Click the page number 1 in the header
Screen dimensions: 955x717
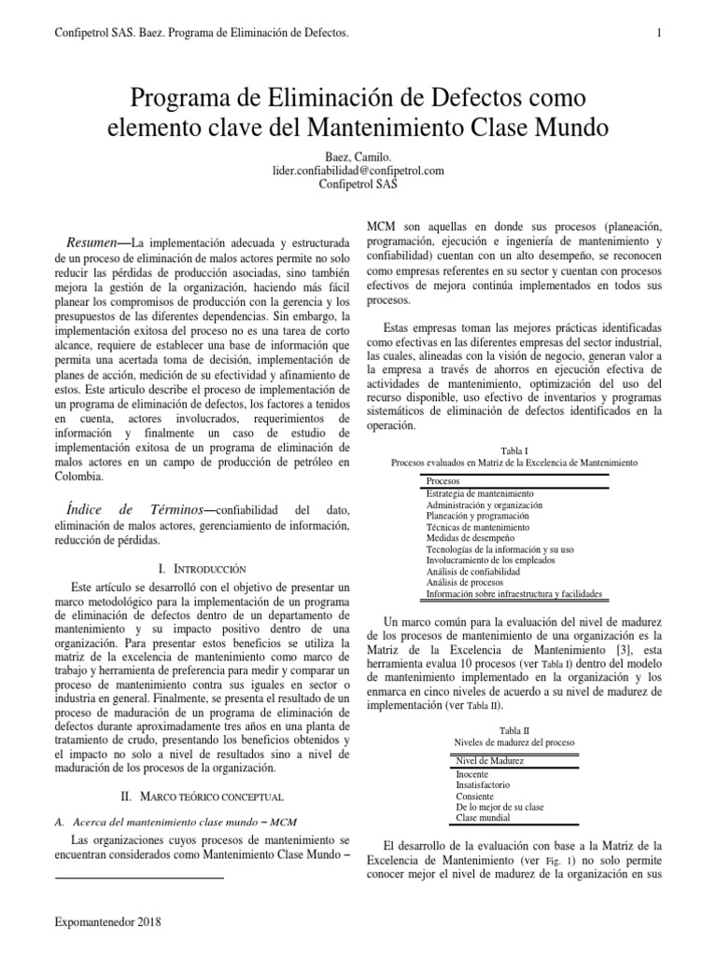pos(659,35)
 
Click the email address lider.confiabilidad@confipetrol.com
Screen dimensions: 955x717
pos(358,171)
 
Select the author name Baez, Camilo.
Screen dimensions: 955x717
pos(358,157)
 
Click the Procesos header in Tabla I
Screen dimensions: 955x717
pos(443,480)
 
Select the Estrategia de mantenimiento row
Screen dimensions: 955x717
pos(480,492)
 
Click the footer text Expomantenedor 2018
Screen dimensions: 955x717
pos(108,922)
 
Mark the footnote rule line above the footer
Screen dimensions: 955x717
pos(140,879)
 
